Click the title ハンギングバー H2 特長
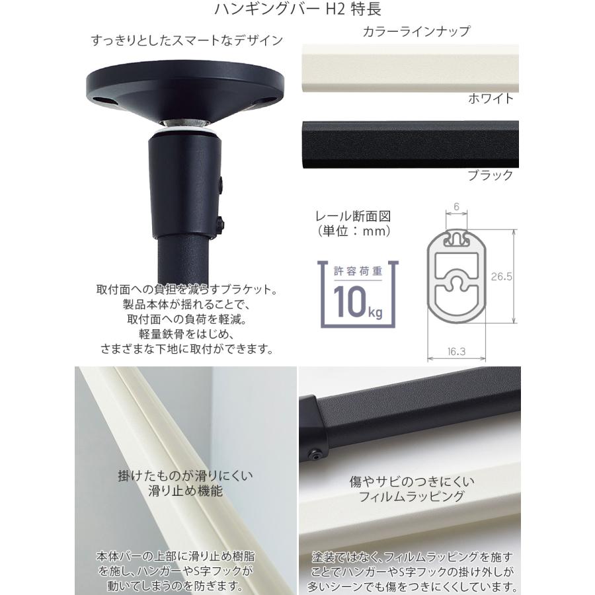297,10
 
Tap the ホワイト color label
491,99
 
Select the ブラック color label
490,175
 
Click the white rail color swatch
403,69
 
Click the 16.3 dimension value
456,352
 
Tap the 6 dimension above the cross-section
456,206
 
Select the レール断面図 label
351,216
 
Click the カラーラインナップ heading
416,31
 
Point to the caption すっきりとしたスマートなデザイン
187,41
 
